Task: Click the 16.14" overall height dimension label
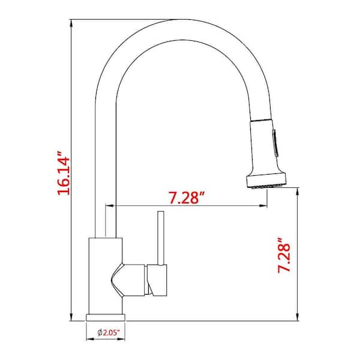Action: click(64, 173)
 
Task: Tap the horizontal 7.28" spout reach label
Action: click(187, 197)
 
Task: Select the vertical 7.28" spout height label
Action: click(284, 255)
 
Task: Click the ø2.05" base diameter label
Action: click(109, 332)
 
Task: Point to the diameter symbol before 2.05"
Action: click(100, 332)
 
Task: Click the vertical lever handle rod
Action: click(161, 238)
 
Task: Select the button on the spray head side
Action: click(275, 143)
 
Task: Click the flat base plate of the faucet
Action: click(106, 317)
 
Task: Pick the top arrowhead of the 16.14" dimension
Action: click(71, 23)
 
